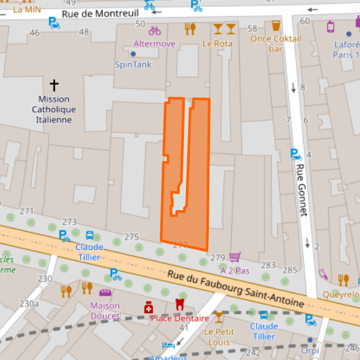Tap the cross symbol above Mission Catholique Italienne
(54, 85)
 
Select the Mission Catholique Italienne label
(54, 109)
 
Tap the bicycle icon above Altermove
(154, 30)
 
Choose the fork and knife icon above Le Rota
(190, 28)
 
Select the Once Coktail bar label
(271, 43)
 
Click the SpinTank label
(133, 64)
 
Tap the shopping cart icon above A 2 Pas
(235, 257)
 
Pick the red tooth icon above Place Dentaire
(179, 304)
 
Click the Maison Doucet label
(105, 310)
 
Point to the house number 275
(132, 237)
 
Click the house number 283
(268, 264)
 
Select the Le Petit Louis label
(218, 336)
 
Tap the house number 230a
(29, 303)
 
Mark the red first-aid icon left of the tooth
(149, 306)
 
